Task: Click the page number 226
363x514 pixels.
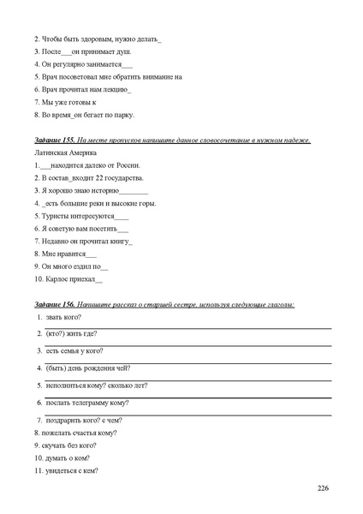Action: (322, 488)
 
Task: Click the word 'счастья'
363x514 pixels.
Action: (80, 433)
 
